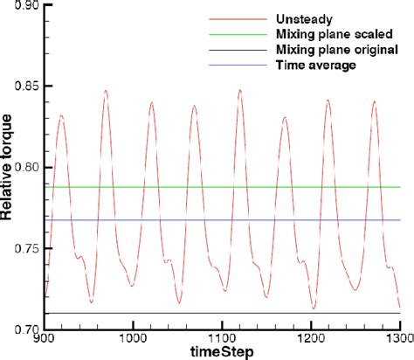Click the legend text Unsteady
click(x=297, y=17)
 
